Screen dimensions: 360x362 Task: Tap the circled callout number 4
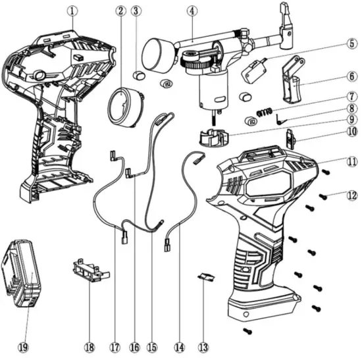(x=192, y=11)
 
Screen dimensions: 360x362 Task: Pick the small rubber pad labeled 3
(x=139, y=75)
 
